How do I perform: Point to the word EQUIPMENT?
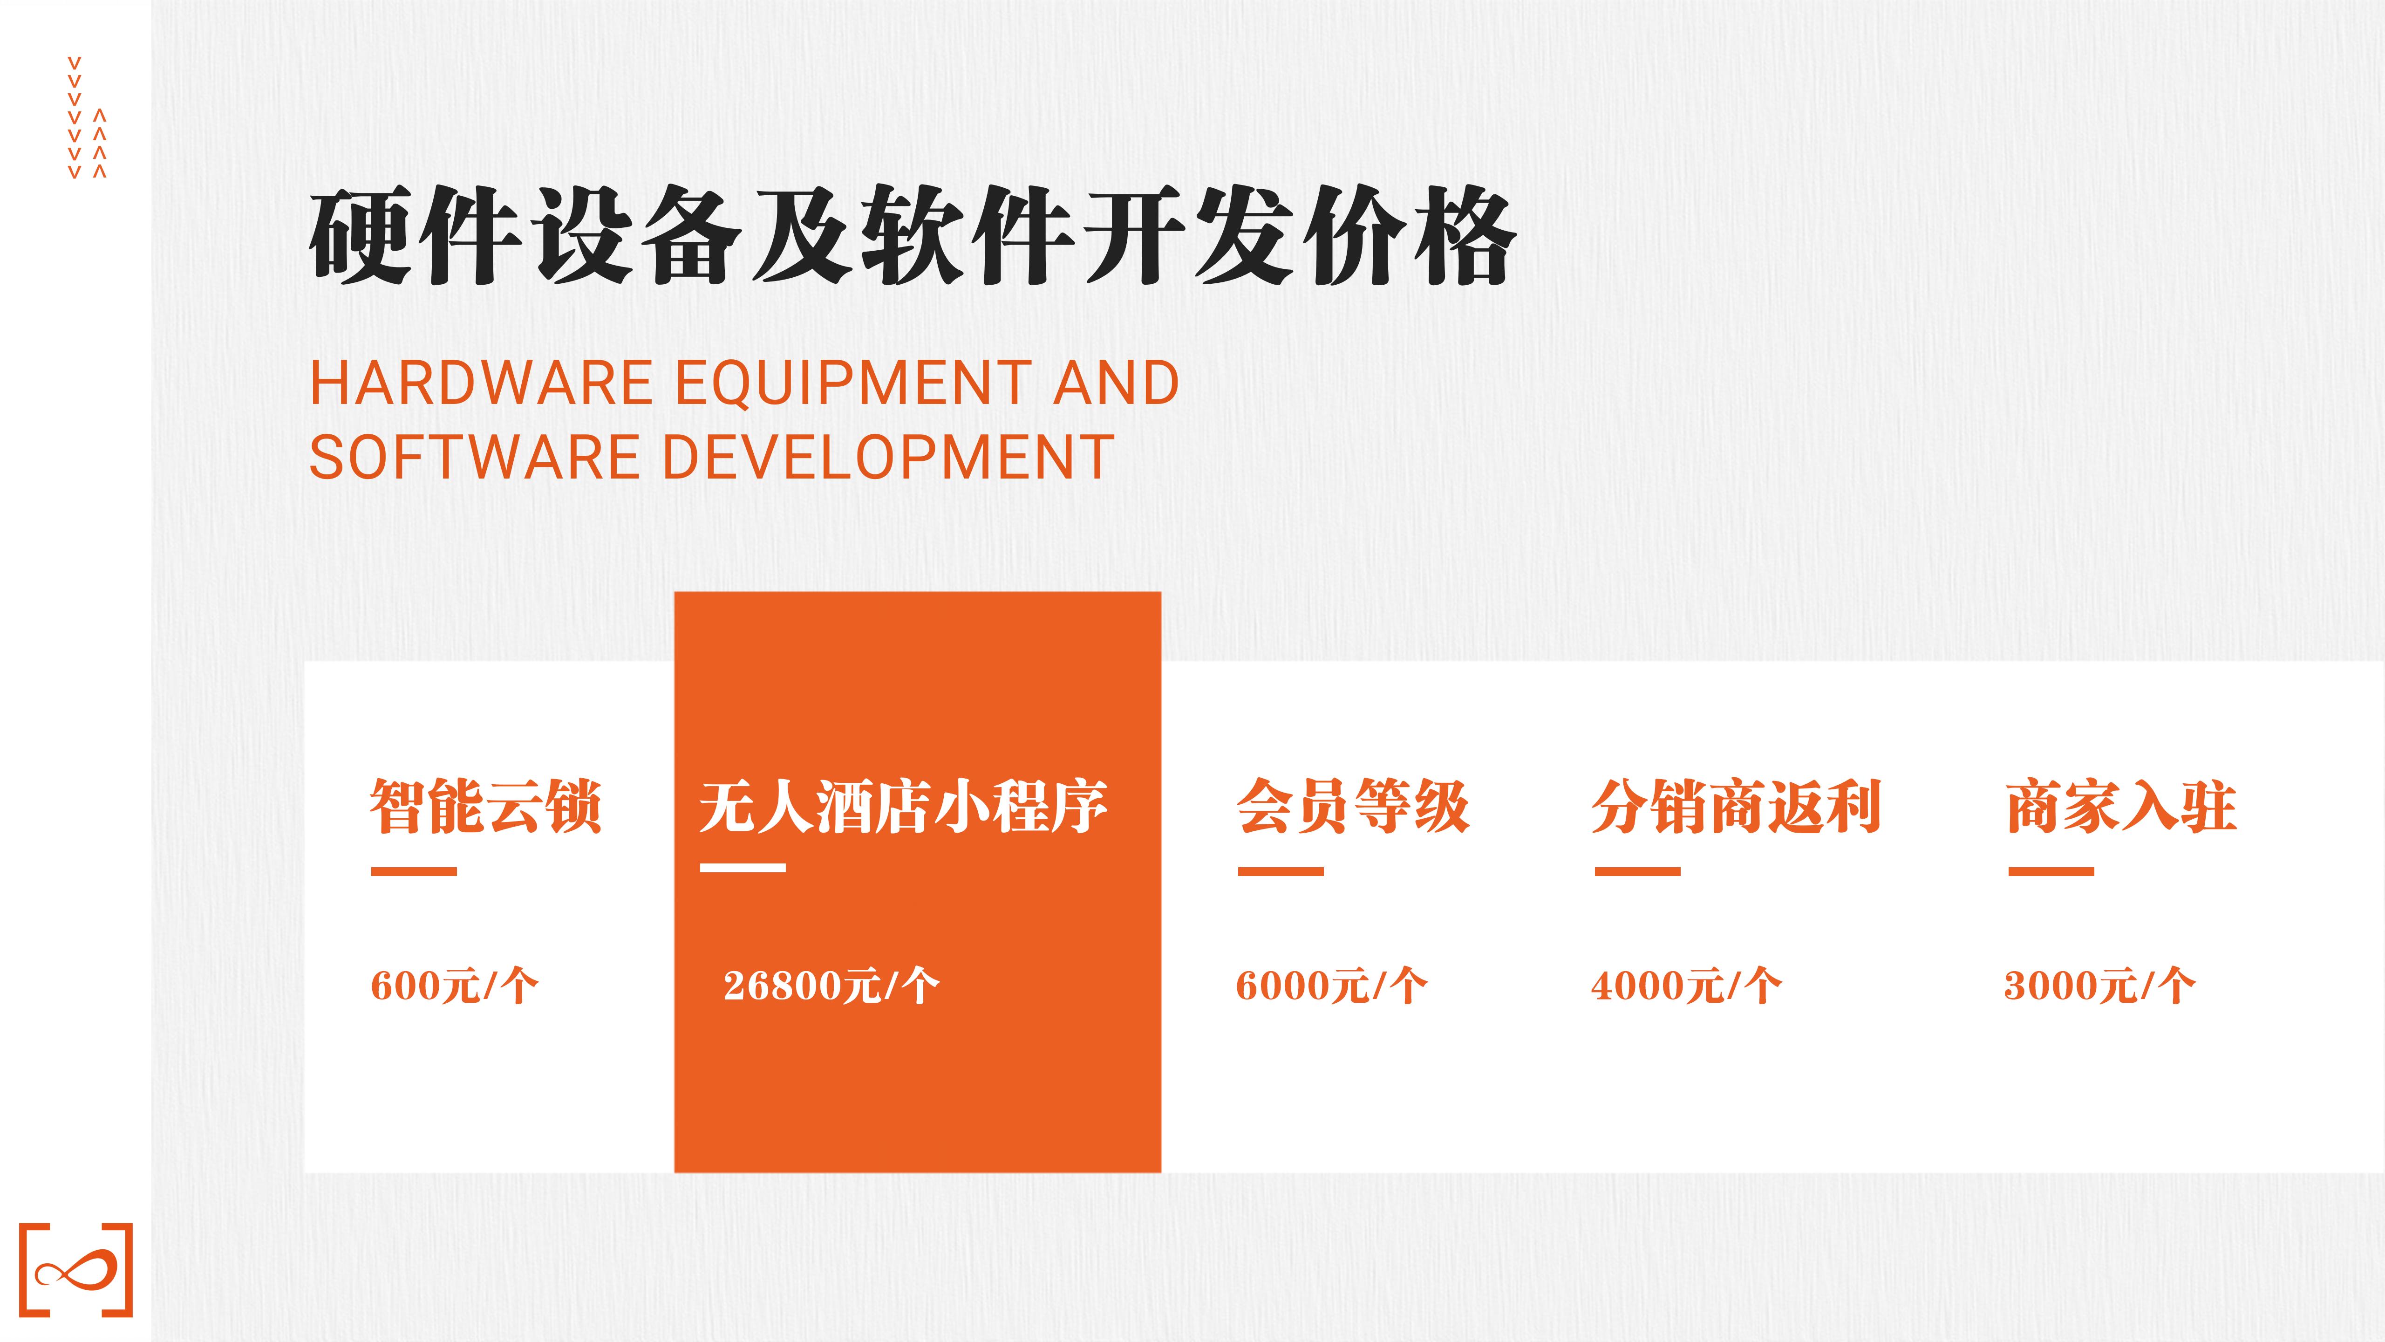point(854,383)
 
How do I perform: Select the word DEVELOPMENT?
point(889,458)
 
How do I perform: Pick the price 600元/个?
point(454,986)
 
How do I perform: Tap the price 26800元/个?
point(831,986)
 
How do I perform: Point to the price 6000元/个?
point(1331,986)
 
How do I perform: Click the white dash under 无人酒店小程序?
point(743,868)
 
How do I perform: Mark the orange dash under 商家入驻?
point(2051,871)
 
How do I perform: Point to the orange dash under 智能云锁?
point(414,871)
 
